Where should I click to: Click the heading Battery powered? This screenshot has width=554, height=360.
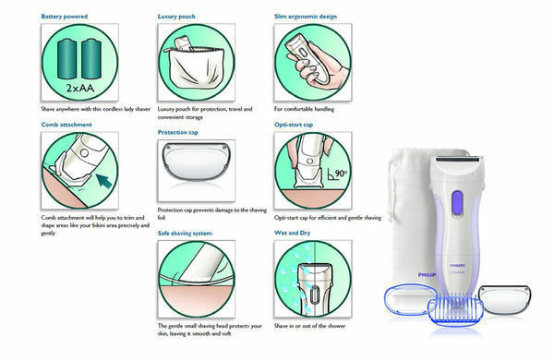tap(65, 17)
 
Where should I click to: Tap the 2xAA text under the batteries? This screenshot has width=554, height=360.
tap(80, 88)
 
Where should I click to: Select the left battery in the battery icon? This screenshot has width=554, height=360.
tap(66, 59)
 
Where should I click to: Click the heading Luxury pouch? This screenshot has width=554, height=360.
tap(176, 17)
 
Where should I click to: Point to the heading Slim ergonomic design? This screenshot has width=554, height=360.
tap(306, 17)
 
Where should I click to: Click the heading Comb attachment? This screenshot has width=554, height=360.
tap(66, 125)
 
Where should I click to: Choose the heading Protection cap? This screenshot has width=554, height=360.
tap(177, 132)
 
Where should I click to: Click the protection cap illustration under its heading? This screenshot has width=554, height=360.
tap(196, 162)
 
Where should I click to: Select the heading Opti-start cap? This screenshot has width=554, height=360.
tap(294, 125)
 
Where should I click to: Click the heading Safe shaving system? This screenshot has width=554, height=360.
tap(185, 234)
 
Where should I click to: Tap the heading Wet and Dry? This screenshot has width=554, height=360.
tap(292, 233)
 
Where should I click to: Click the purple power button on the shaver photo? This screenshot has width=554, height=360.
tap(457, 203)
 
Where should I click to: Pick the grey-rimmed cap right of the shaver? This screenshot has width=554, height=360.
tap(504, 299)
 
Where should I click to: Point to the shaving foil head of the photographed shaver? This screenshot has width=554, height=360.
tap(458, 160)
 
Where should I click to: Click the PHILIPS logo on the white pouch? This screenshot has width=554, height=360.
tap(427, 275)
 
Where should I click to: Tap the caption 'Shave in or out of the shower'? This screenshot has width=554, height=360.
tap(310, 326)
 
